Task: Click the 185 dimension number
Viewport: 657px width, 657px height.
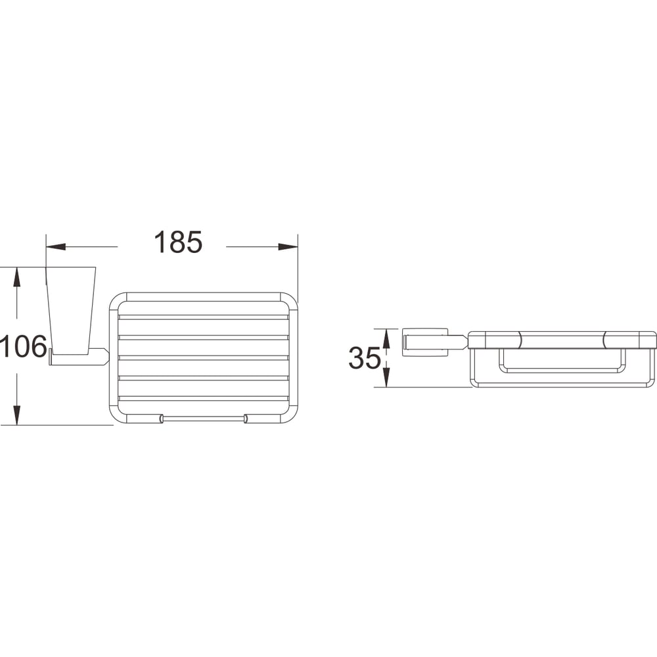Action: click(x=178, y=242)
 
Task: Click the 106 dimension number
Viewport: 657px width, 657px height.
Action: click(x=23, y=346)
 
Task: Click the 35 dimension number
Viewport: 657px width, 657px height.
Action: click(x=365, y=358)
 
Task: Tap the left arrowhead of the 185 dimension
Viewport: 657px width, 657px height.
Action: click(x=56, y=246)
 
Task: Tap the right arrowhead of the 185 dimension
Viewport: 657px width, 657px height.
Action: click(x=288, y=246)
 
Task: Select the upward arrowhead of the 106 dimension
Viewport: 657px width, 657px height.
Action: click(x=16, y=277)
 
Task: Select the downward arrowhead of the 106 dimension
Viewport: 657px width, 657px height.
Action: click(x=16, y=415)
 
